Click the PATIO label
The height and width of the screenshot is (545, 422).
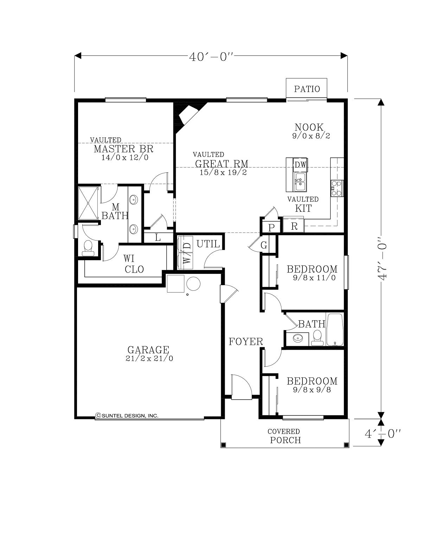click(307, 89)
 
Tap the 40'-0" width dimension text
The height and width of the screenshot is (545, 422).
click(211, 57)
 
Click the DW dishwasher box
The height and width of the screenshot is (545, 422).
click(300, 165)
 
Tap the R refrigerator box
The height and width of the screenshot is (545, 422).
click(294, 226)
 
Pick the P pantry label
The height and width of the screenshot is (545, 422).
click(271, 228)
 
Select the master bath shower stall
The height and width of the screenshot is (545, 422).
click(88, 203)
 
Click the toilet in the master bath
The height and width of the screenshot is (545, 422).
click(88, 248)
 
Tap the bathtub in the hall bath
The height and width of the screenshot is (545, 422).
click(335, 329)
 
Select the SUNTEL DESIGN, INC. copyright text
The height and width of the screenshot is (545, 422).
click(127, 415)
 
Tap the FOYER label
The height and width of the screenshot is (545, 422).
click(246, 342)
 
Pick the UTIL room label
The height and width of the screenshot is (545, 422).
click(208, 244)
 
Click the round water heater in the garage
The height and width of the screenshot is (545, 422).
click(193, 284)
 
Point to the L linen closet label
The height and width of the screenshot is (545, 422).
click(158, 237)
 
